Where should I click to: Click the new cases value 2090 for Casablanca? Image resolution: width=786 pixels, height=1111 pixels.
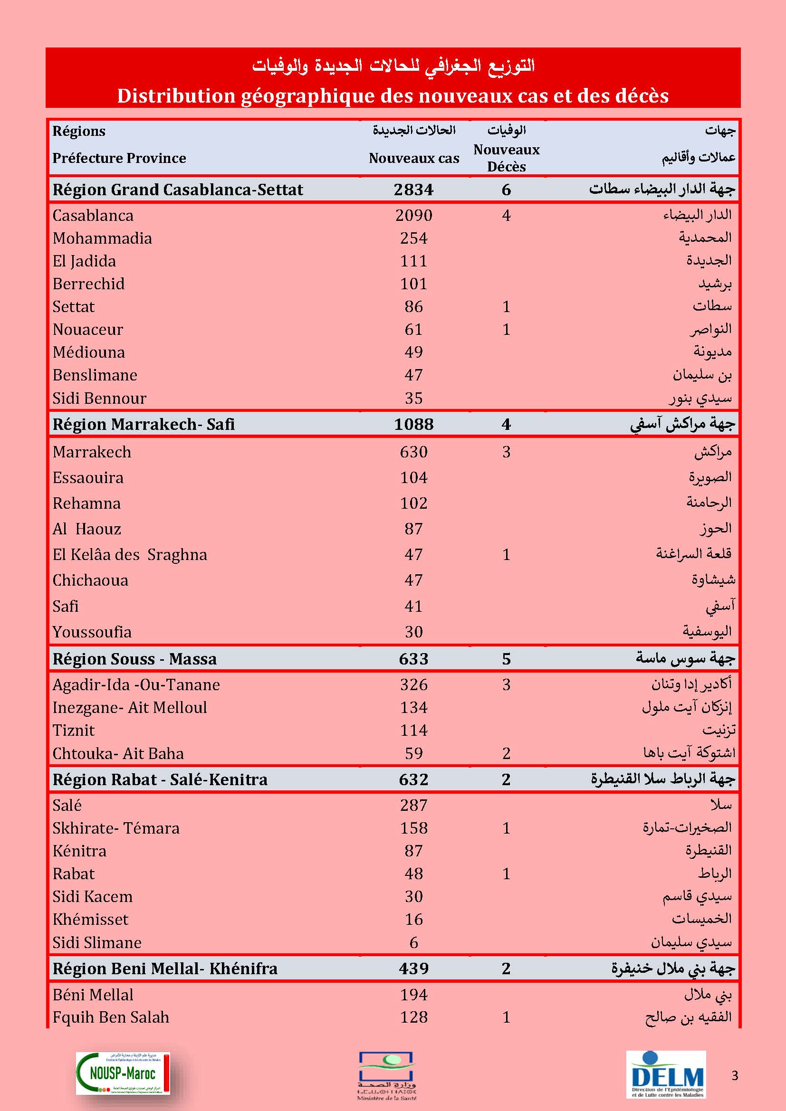413,215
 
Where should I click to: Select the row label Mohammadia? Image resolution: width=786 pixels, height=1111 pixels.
102,238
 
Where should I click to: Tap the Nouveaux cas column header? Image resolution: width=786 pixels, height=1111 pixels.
414,158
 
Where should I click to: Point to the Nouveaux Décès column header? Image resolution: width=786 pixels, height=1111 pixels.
506,158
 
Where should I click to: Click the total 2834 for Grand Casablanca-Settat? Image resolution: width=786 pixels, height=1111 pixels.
413,189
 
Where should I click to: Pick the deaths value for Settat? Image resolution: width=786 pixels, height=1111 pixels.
506,306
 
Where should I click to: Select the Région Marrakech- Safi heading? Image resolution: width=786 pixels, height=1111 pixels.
143,424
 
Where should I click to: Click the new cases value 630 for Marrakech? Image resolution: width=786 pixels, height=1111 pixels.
413,452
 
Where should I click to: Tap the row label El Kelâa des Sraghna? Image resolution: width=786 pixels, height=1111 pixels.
130,554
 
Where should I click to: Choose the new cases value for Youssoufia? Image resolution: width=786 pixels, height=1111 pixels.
413,631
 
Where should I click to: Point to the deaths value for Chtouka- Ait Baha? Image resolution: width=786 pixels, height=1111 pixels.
506,753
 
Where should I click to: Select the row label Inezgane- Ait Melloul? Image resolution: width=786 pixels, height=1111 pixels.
130,707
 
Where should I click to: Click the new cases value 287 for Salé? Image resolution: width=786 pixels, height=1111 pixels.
413,805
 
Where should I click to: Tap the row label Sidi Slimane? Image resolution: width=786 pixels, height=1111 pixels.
97,942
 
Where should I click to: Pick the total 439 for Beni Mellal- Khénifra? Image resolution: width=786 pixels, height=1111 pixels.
413,968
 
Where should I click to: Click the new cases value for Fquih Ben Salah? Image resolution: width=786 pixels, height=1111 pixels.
413,1017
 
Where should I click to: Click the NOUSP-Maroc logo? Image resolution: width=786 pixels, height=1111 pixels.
123,1073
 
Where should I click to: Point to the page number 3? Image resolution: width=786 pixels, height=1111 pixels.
735,1076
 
